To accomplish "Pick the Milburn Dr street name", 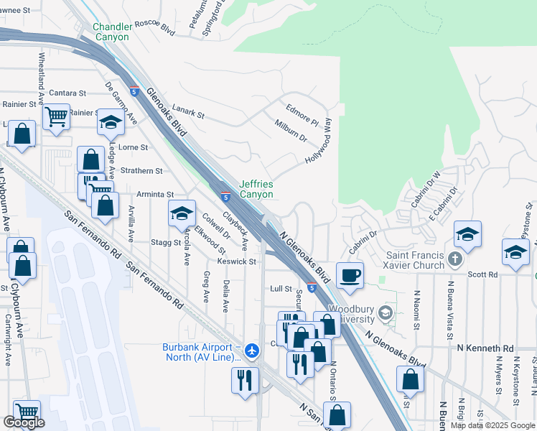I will coord(290,131).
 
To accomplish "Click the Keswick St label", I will coord(236,261).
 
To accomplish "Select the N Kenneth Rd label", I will coord(486,348).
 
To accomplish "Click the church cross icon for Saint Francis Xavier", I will coord(454,258).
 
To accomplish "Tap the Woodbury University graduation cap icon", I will coord(386,312).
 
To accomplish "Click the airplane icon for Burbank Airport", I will coord(251,351).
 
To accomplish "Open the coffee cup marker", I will coord(350,275).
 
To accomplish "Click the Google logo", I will coord(24,422).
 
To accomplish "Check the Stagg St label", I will coord(167,243).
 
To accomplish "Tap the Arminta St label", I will coord(156,194).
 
